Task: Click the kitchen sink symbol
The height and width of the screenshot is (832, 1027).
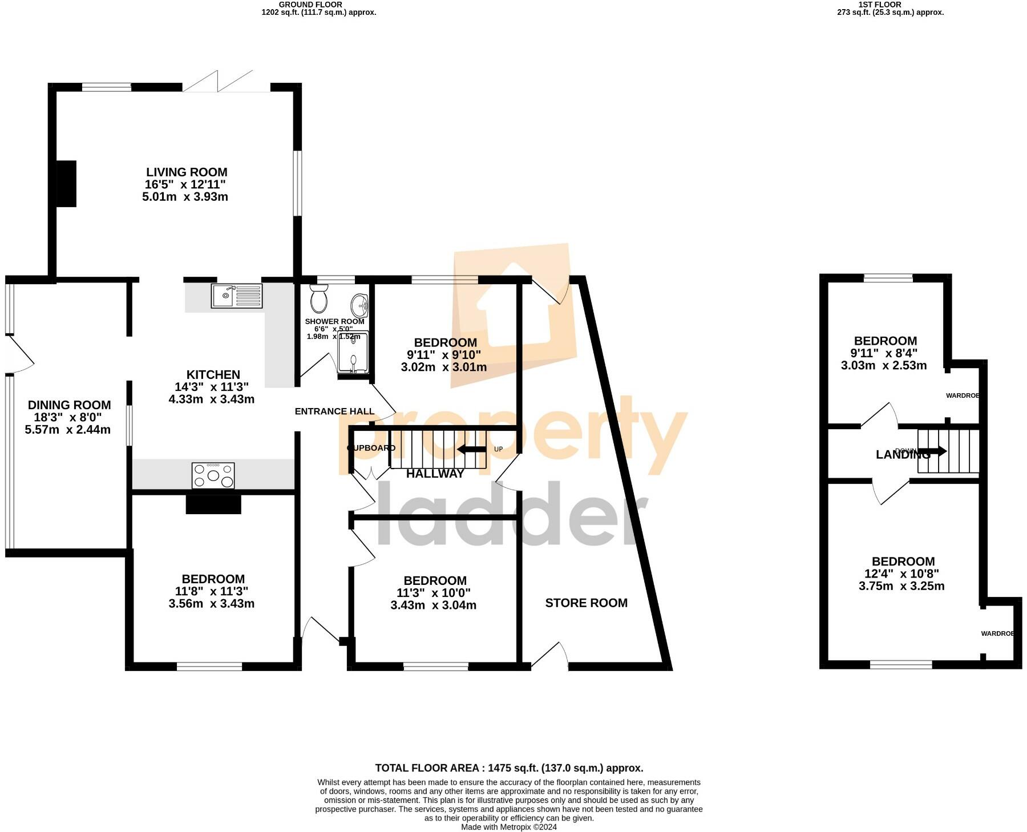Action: pos(236,296)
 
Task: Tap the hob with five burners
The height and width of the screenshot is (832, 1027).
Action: pos(213,475)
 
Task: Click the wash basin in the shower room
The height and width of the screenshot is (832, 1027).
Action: pos(359,306)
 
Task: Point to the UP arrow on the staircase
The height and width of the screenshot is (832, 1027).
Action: pos(471,449)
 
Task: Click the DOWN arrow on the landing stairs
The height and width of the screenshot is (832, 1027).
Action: pos(933,451)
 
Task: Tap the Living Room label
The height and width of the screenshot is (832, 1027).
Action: pos(187,172)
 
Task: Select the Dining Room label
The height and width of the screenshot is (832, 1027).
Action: pos(69,405)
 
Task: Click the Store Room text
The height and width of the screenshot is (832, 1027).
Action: pos(586,603)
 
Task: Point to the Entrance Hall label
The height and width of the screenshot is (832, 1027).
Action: pos(334,411)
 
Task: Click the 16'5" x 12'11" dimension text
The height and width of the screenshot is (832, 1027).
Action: pos(185,184)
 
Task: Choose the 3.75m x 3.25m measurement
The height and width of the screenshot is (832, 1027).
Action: pos(901,585)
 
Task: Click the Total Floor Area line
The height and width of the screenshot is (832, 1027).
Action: pos(509,768)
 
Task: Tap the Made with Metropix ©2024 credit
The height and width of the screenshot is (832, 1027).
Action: pos(508,827)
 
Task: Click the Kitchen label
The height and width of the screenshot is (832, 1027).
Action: pos(213,374)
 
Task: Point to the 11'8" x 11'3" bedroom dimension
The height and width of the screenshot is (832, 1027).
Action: pos(212,591)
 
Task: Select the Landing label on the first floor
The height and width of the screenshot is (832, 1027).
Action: pos(903,454)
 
